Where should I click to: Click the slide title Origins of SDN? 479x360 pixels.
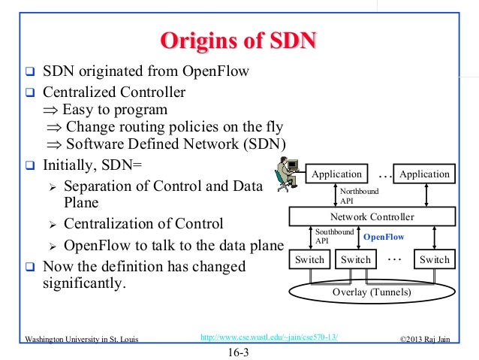tap(239, 40)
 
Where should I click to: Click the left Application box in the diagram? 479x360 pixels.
tap(337, 174)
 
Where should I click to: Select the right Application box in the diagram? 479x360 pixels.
tap(424, 174)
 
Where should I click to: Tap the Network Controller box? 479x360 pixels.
tap(372, 217)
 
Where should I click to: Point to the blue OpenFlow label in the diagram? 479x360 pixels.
tap(383, 237)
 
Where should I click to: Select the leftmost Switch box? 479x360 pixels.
tap(309, 260)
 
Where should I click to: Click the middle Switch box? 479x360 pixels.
tap(356, 260)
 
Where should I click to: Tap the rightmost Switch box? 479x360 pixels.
tap(435, 260)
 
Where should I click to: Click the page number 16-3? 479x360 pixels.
tap(239, 351)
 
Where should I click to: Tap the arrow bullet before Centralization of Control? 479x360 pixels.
tap(53, 225)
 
